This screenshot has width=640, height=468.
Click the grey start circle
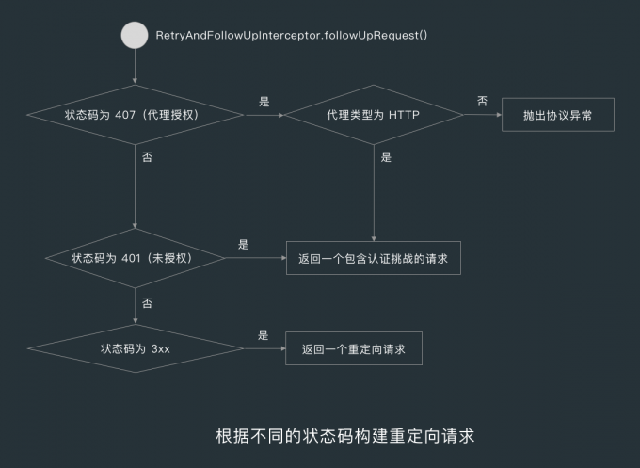pyautogui.click(x=136, y=36)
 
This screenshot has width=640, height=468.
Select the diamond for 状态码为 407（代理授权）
pyautogui.click(x=136, y=116)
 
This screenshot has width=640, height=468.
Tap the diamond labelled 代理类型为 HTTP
pyautogui.click(x=374, y=116)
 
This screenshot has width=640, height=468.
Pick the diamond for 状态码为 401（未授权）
pyautogui.click(x=136, y=257)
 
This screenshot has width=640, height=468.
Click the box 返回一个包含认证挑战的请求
pyautogui.click(x=374, y=257)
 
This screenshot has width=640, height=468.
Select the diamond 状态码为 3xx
pyautogui.click(x=136, y=348)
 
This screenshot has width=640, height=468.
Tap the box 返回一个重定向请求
pyautogui.click(x=354, y=348)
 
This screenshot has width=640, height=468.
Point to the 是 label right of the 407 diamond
pyautogui.click(x=264, y=100)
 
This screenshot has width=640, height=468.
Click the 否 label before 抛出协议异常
pyautogui.click(x=482, y=101)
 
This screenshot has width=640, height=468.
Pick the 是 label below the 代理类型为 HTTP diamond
pyautogui.click(x=386, y=157)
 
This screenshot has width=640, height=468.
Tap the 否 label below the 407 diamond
pyautogui.click(x=147, y=157)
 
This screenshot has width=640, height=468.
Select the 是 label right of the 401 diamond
pyautogui.click(x=243, y=244)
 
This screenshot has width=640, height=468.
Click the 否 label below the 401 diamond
pyautogui.click(x=147, y=303)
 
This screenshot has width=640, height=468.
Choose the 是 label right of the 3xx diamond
pyautogui.click(x=263, y=334)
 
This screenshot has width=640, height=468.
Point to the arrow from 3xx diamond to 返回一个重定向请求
pyautogui.click(x=264, y=348)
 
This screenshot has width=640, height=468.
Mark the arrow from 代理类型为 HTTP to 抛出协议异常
pyautogui.click(x=482, y=116)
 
